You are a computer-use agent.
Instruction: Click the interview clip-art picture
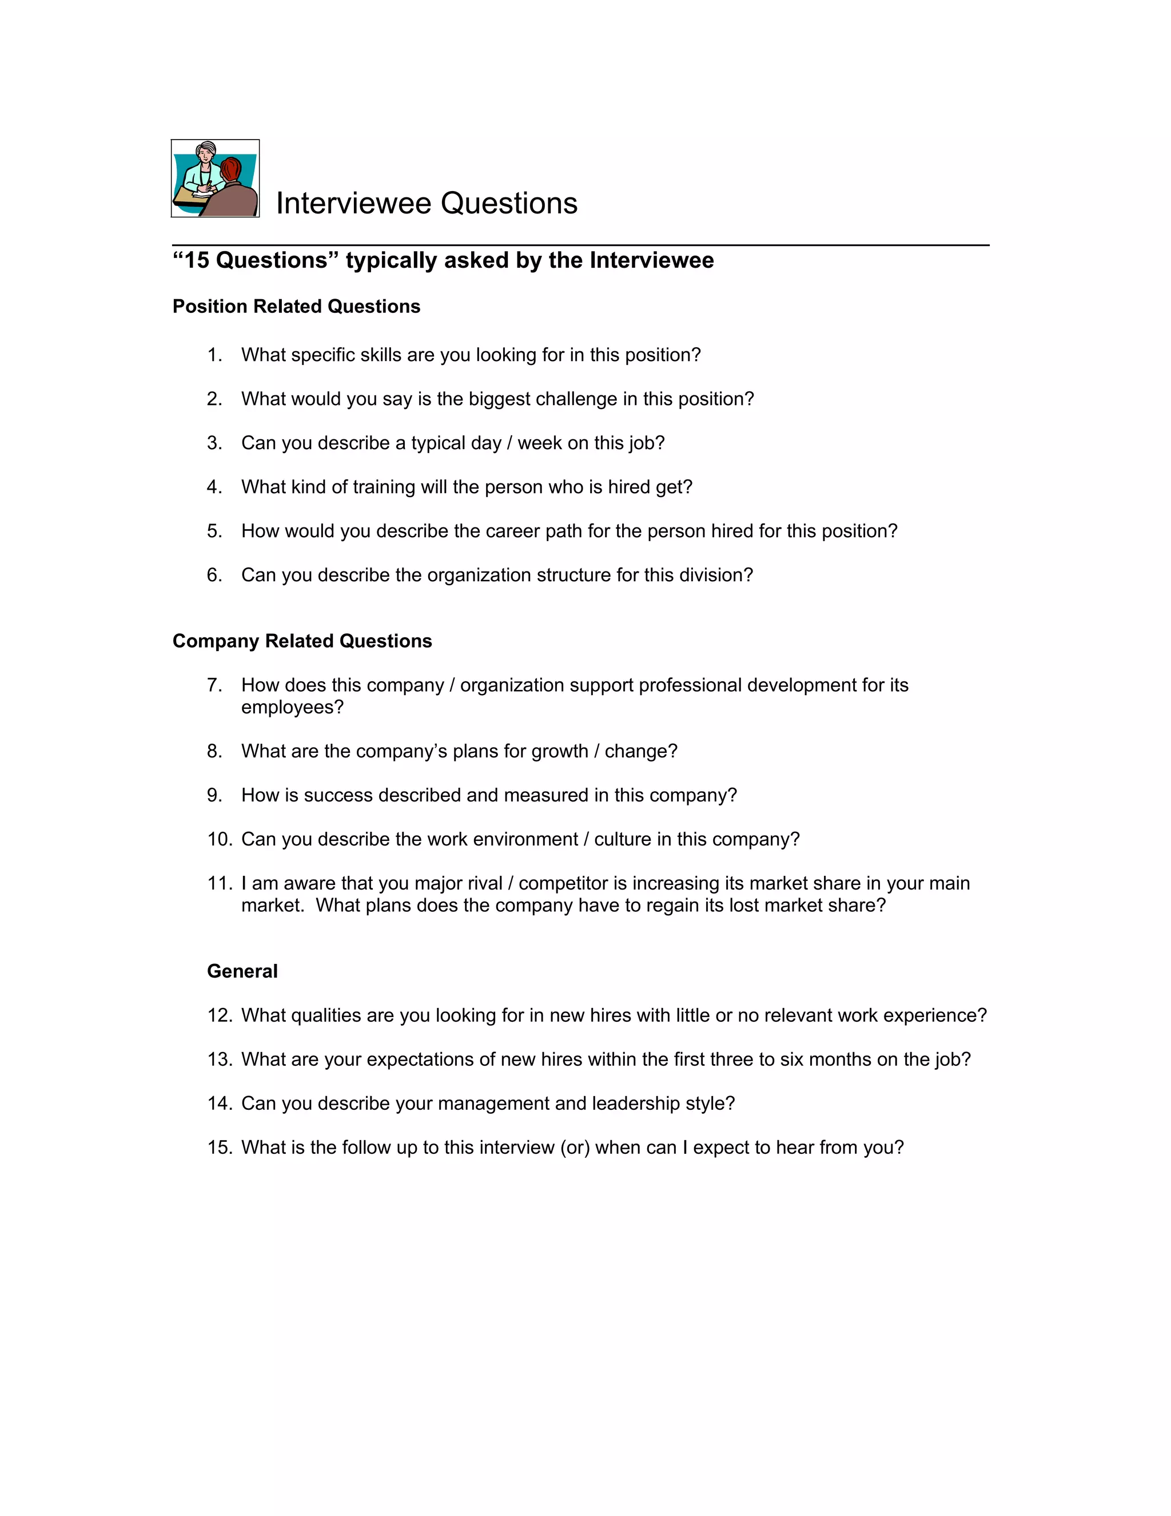[215, 178]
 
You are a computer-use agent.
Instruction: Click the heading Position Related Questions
[296, 307]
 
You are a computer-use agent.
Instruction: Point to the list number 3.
[214, 443]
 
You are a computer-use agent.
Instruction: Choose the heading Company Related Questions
[302, 641]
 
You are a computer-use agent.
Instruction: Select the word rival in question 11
[484, 884]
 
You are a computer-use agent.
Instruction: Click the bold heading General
[242, 971]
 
